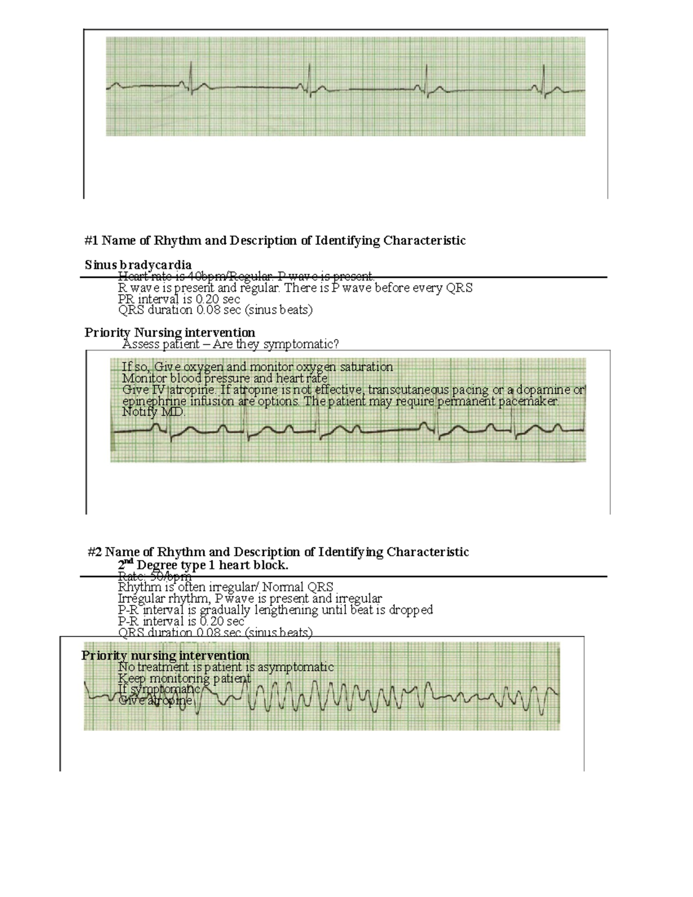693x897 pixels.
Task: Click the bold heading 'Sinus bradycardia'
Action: click(138, 265)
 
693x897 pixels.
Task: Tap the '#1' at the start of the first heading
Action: click(91, 240)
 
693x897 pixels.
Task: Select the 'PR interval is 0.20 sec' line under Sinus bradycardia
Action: click(179, 299)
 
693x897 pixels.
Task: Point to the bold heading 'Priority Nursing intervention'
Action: click(170, 332)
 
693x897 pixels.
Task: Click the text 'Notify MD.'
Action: click(154, 412)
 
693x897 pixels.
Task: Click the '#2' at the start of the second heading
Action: click(95, 552)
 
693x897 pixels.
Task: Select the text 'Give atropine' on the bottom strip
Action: click(155, 700)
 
